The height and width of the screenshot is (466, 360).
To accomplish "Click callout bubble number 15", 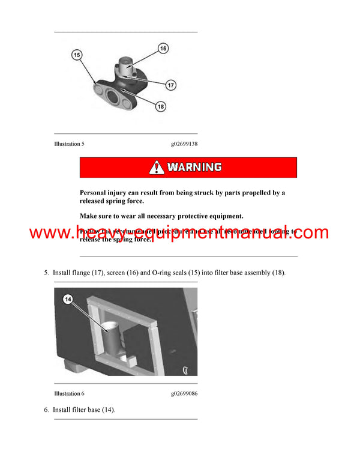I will coord(76,55).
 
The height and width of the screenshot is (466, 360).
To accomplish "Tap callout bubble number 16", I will coord(163,47).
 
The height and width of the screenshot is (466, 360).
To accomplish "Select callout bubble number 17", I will coord(171,85).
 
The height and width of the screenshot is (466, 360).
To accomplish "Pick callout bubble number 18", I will coord(160,106).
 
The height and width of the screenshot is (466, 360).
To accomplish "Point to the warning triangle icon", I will coord(157,167).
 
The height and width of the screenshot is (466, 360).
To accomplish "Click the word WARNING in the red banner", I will coord(194,167).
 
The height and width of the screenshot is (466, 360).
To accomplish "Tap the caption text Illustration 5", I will coord(69,144).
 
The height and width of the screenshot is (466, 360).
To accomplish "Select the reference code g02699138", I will coord(184,144).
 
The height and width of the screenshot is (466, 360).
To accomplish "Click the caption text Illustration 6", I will coord(69,393).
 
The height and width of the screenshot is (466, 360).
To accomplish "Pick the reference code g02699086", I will coord(184,393).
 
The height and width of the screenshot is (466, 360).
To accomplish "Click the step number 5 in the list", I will coord(46,273).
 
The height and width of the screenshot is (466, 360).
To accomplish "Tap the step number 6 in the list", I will coord(46,410).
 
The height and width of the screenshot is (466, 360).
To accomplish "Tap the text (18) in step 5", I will coord(278,273).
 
